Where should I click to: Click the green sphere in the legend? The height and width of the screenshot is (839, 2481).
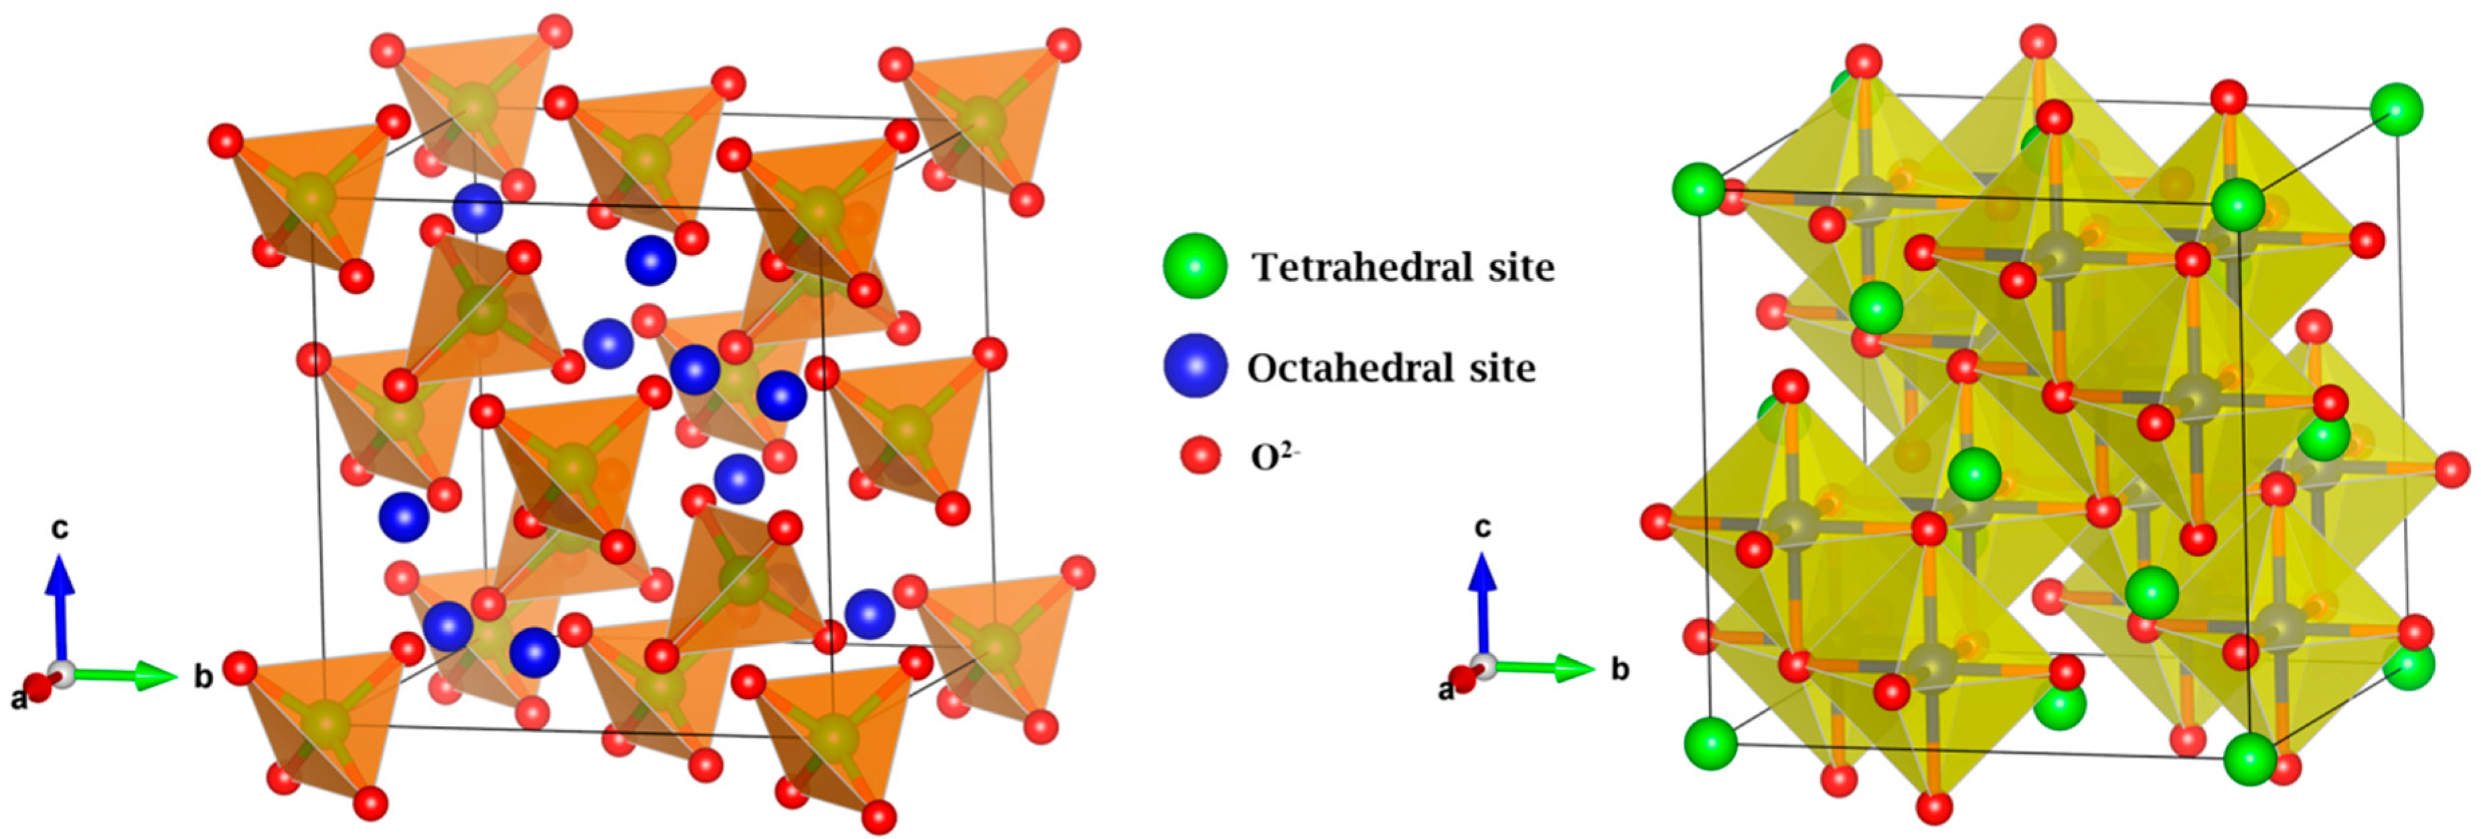pos(1194,266)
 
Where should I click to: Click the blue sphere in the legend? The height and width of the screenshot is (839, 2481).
pos(1194,366)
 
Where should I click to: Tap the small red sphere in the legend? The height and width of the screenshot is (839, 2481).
pos(1200,455)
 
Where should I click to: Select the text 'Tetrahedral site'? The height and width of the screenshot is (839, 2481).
pos(1403,266)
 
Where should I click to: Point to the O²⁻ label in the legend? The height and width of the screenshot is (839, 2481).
pos(1274,457)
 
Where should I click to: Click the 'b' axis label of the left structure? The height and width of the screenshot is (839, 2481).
pos(204,676)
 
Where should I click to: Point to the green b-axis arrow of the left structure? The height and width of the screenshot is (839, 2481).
pos(125,674)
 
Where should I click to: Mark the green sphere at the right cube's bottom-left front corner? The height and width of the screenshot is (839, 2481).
pos(1710,743)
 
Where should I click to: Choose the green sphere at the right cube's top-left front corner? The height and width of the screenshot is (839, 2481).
pos(1698,189)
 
